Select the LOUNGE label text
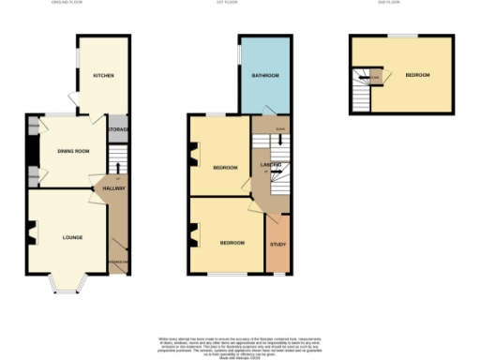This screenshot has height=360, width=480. click(72, 237)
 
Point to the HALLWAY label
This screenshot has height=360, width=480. click(114, 189)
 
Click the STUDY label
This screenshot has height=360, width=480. click(277, 246)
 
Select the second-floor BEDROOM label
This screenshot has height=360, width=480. click(417, 75)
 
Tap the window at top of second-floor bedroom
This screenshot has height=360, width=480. click(404, 36)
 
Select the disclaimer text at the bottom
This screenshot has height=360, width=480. click(240, 344)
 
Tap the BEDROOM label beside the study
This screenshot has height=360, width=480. click(232, 243)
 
